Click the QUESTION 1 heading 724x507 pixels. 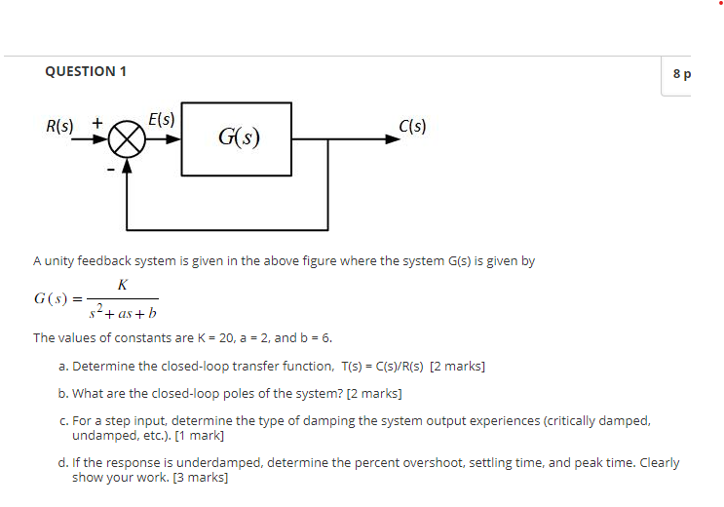(86, 71)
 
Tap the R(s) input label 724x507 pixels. (59, 126)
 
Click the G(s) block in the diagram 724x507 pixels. (237, 138)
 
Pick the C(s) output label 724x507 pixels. (412, 126)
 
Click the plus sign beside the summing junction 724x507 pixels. (96, 124)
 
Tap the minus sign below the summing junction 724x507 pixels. (111, 169)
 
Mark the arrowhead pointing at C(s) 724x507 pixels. (393, 138)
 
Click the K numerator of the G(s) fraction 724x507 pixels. (122, 285)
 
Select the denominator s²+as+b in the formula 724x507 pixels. (123, 313)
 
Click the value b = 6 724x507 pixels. (316, 338)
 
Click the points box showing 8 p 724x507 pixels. (678, 74)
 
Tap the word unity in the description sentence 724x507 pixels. (59, 261)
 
